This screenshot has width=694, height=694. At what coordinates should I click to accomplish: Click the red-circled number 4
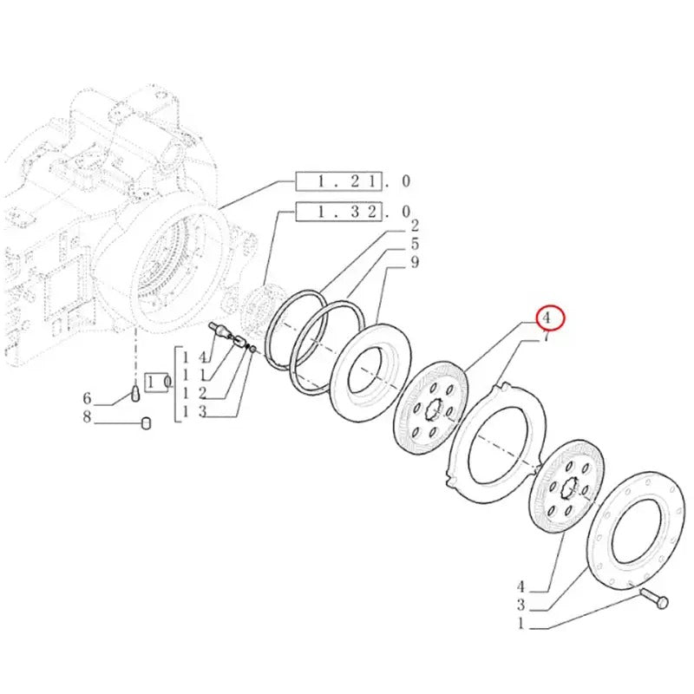549,318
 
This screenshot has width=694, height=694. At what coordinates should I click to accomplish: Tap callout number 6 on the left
87,398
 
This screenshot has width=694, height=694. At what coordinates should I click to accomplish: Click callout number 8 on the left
87,418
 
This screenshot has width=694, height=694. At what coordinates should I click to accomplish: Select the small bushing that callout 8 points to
147,423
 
